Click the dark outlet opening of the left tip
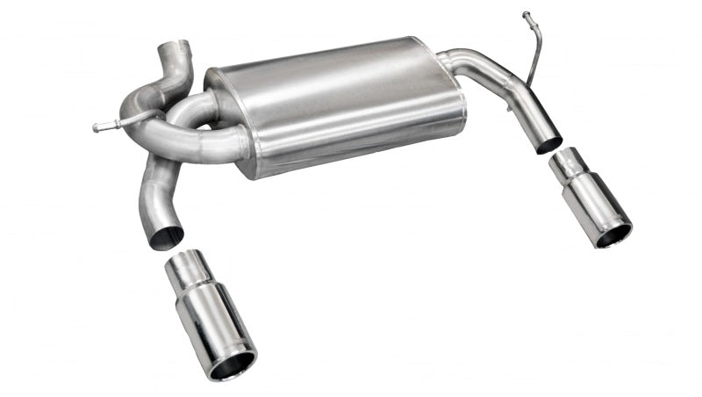pos(233,364)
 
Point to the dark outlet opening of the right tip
pos(613,233)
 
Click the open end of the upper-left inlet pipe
pos(173,47)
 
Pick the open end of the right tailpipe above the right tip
pos(549,143)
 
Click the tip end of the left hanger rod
pos(96,128)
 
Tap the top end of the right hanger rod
pos(526,15)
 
